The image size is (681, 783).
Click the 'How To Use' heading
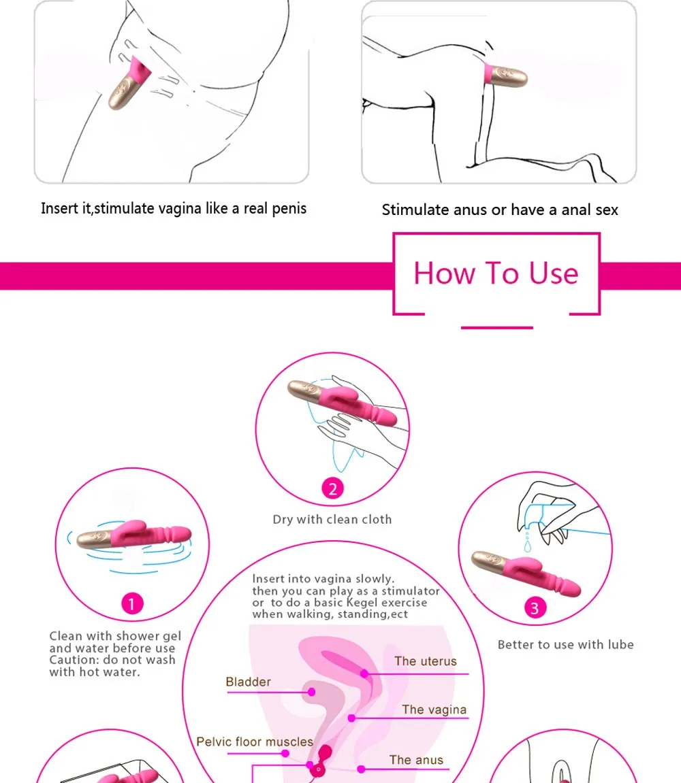(x=496, y=273)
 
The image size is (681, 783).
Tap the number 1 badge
(x=132, y=603)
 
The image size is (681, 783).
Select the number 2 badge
(x=332, y=488)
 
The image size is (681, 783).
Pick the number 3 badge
(x=535, y=607)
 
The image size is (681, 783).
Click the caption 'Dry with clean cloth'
(x=332, y=519)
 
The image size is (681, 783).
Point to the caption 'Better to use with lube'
(x=565, y=645)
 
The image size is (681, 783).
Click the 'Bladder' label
(x=248, y=682)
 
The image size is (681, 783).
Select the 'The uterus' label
(x=426, y=661)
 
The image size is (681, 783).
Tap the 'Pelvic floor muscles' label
(x=255, y=742)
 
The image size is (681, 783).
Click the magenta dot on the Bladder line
(x=311, y=692)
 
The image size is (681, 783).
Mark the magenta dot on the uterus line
(x=364, y=673)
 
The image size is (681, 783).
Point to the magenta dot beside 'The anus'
(x=361, y=769)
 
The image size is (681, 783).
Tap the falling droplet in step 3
(x=528, y=546)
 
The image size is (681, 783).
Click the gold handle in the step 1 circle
(x=94, y=539)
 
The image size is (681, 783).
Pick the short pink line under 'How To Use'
(x=497, y=328)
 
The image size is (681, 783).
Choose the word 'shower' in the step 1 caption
(x=136, y=635)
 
